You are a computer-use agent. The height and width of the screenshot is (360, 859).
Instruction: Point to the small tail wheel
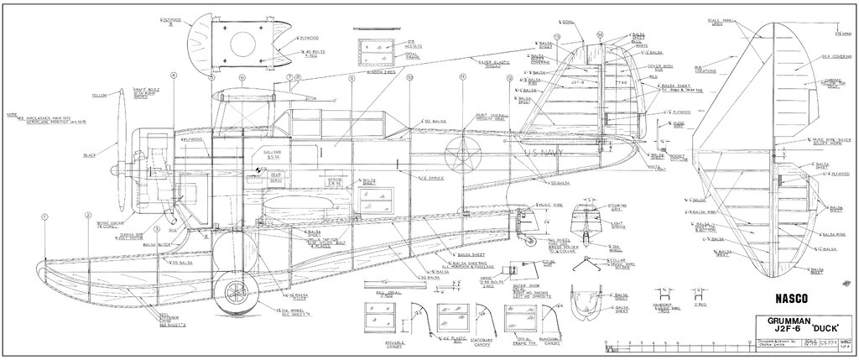[528, 243]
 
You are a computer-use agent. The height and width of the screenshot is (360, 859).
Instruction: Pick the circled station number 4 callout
[173, 76]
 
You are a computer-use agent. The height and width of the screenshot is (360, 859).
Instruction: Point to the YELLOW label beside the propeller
[100, 96]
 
